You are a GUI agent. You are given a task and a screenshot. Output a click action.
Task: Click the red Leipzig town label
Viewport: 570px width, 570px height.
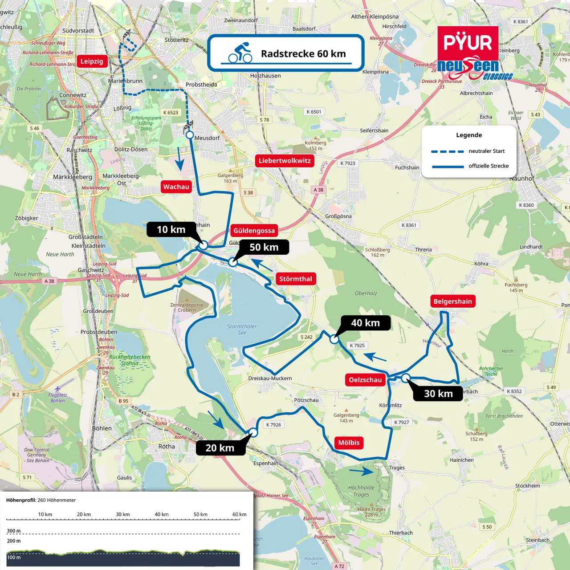coord(92,61)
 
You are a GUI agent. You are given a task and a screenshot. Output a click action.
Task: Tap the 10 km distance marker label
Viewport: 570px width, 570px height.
coord(171,230)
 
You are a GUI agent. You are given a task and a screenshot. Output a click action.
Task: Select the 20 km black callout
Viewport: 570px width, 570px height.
coord(220,448)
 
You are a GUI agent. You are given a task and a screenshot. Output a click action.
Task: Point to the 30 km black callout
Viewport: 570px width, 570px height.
coord(438,394)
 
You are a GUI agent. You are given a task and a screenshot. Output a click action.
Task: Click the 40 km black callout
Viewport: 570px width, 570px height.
coord(365,323)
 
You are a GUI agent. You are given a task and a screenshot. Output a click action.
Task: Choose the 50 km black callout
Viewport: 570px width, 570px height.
coord(264,247)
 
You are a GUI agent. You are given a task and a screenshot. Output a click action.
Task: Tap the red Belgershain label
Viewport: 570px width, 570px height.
coord(452,301)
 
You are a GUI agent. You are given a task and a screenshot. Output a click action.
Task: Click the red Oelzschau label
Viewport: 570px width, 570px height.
coord(365,380)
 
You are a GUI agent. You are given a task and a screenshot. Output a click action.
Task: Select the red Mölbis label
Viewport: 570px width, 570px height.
coord(349,443)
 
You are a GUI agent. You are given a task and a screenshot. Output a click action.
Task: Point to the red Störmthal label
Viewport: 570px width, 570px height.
coord(296,279)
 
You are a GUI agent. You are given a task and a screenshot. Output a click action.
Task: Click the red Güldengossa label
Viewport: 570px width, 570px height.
coord(254,231)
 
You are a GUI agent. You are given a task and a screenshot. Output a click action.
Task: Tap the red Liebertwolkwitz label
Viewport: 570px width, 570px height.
coord(285,161)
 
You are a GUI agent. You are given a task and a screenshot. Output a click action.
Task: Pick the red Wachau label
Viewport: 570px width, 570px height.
coord(176,187)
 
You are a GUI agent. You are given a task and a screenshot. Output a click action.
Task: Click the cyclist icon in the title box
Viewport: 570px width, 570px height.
coord(240,53)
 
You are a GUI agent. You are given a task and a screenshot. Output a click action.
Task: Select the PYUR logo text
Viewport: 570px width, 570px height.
coord(468,43)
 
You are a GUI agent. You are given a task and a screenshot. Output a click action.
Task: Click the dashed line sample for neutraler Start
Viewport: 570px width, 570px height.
coord(447,151)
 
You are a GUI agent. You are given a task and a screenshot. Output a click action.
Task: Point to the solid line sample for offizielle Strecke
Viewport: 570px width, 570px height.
coord(447,167)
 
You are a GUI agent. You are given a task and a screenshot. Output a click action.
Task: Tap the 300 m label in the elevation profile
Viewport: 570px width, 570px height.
coord(13,531)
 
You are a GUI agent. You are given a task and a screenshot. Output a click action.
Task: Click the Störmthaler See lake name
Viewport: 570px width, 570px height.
coord(242,330)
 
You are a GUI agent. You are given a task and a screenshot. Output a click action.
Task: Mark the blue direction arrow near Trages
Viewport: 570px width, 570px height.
coord(362,471)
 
